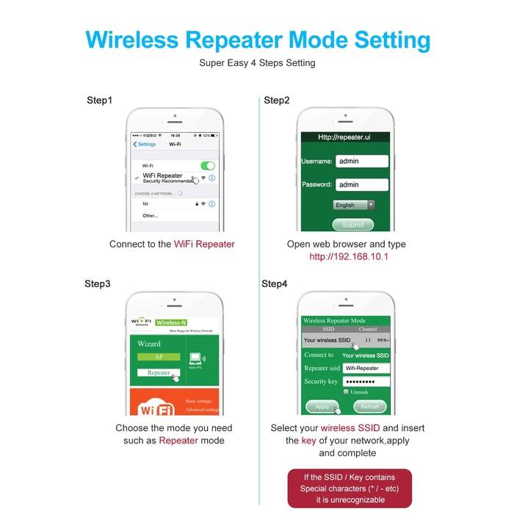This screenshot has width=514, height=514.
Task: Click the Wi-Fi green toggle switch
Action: pos(208,166)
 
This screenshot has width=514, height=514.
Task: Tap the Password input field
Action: pos(361,184)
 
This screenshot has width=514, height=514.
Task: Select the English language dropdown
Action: pos(354,205)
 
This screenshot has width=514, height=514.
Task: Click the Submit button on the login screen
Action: pos(352,225)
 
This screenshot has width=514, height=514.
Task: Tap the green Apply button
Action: pos(322,406)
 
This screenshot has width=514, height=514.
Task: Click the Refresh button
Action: pos(369,406)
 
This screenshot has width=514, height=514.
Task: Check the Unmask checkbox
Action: pos(346,392)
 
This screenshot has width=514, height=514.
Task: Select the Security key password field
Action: pos(366,382)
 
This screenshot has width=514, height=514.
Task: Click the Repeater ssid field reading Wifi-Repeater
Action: pos(366,368)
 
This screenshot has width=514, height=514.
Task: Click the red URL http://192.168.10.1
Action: pos(348,257)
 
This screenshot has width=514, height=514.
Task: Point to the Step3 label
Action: pos(98,283)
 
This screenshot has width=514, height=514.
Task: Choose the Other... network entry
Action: pos(151,215)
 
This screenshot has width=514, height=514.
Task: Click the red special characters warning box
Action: pos(350,488)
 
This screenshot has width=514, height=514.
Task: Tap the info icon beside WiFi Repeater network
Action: pos(211,178)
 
